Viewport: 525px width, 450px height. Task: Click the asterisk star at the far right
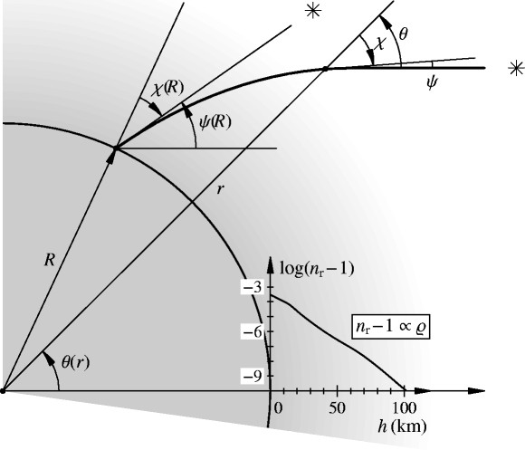(x=516, y=68)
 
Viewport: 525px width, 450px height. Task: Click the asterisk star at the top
(x=313, y=12)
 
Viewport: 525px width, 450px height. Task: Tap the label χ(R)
(x=167, y=90)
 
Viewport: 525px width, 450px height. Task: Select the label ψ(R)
(x=215, y=123)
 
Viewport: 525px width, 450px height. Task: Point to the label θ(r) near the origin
(x=76, y=362)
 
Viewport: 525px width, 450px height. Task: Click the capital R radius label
(x=50, y=260)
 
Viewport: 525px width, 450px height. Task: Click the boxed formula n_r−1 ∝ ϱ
(x=390, y=327)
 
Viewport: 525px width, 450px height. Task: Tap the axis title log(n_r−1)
(x=317, y=269)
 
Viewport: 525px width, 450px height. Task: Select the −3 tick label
(x=253, y=288)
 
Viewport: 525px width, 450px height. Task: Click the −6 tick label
(x=253, y=331)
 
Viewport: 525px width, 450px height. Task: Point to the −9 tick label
(x=253, y=377)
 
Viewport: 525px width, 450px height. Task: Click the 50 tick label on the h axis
(x=337, y=408)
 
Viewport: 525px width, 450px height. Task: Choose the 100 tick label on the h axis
(x=404, y=408)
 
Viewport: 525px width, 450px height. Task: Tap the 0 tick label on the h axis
(x=278, y=408)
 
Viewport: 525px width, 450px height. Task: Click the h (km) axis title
(x=402, y=426)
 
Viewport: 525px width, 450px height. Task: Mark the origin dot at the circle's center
(x=3, y=390)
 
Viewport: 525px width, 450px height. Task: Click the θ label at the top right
(x=404, y=34)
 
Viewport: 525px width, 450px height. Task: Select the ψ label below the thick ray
(x=431, y=82)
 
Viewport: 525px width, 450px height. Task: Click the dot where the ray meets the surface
(x=116, y=148)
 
